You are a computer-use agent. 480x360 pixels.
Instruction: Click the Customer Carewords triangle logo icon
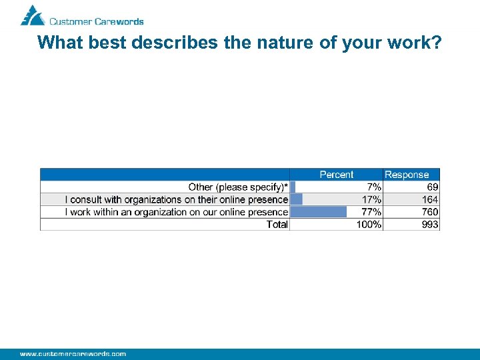(x=32, y=15)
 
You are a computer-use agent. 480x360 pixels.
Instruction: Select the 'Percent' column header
(x=336, y=175)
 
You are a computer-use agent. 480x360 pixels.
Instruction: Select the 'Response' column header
(x=407, y=175)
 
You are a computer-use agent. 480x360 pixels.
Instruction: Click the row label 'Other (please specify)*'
(x=238, y=187)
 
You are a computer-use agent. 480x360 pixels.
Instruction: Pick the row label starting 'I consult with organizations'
(x=176, y=199)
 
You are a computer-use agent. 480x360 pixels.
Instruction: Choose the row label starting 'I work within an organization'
(x=176, y=212)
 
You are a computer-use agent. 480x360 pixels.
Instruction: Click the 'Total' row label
(x=277, y=225)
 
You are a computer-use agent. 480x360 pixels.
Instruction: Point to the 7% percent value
(x=373, y=187)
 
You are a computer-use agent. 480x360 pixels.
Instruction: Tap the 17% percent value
(x=371, y=199)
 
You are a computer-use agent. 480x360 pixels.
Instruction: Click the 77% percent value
(x=371, y=212)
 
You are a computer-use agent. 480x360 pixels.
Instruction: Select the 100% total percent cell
(x=369, y=225)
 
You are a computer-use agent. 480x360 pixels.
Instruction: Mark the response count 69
(x=432, y=187)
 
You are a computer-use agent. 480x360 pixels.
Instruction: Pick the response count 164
(x=430, y=199)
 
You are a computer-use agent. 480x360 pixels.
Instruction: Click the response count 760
(x=430, y=212)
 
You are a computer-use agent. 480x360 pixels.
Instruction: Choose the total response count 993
(x=430, y=225)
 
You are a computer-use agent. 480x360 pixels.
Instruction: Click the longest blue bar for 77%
(x=319, y=212)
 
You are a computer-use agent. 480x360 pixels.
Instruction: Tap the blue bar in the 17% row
(x=297, y=199)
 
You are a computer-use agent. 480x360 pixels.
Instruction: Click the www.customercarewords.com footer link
(x=73, y=353)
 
